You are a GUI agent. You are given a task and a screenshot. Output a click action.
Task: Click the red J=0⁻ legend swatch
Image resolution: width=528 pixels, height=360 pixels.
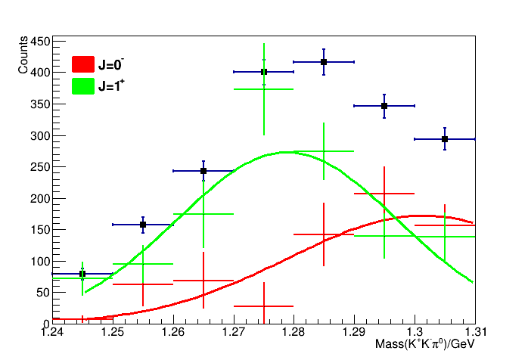(82, 64)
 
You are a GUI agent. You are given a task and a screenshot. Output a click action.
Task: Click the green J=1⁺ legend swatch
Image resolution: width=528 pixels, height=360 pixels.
(82, 86)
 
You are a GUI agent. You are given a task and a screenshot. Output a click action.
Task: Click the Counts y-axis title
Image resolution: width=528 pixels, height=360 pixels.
(23, 56)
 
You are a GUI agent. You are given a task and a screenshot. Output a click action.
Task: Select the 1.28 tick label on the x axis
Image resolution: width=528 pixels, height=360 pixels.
(294, 331)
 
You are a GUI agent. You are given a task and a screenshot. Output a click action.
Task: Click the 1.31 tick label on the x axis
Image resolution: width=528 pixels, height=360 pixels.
(474, 331)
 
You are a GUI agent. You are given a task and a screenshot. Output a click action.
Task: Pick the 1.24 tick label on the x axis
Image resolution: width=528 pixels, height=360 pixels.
(52, 331)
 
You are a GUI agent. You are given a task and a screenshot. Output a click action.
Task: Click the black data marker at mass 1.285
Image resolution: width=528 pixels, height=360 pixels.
(324, 62)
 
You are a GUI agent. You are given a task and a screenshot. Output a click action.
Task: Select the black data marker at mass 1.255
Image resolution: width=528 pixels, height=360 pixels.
(143, 225)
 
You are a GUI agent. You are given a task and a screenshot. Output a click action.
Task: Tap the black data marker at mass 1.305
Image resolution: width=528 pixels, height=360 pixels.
(445, 139)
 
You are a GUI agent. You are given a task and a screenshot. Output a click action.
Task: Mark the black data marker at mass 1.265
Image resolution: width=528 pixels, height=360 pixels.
(203, 171)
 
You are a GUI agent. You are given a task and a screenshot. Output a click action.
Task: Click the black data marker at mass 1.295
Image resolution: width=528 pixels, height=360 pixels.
(384, 106)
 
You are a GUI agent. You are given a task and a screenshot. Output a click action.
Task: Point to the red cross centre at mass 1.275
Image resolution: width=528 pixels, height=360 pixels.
(263, 306)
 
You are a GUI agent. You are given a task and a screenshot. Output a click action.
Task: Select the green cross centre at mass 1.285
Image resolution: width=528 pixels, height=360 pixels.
(324, 151)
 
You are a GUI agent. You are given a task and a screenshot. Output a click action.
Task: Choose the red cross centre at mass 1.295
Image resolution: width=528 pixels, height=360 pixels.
(384, 194)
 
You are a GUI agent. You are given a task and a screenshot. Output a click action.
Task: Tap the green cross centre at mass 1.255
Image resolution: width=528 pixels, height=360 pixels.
(143, 264)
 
